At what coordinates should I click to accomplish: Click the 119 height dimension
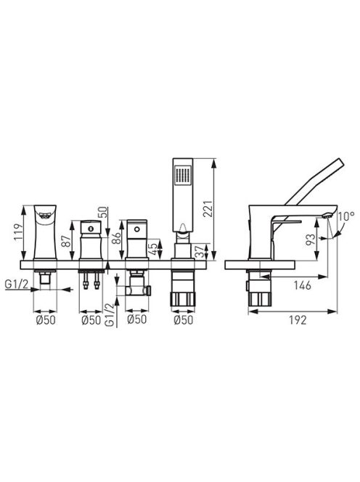click(x=18, y=232)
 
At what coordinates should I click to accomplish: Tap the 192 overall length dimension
click(x=298, y=320)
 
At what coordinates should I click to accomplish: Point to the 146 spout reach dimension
click(x=302, y=285)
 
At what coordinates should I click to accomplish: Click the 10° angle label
click(x=346, y=216)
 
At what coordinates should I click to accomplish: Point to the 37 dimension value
click(x=199, y=251)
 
